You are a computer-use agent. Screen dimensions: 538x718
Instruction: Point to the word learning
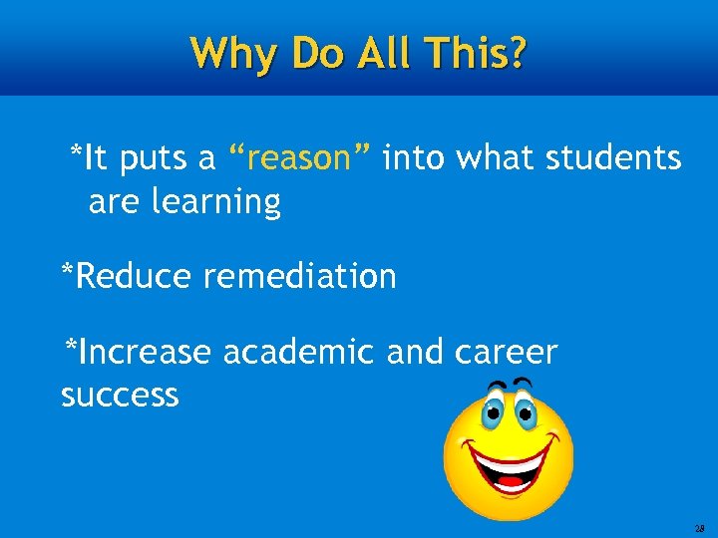point(215,202)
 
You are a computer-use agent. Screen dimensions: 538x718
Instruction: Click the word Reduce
point(134,276)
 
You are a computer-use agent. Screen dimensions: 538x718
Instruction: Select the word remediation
point(299,276)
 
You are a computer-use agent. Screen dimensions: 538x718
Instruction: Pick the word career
point(506,352)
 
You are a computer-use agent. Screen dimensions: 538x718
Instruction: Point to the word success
point(120,396)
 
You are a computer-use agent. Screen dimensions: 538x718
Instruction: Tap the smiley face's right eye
point(525,411)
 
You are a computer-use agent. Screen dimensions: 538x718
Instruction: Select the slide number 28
point(700,528)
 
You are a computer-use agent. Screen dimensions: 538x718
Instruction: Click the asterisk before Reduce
point(67,271)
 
